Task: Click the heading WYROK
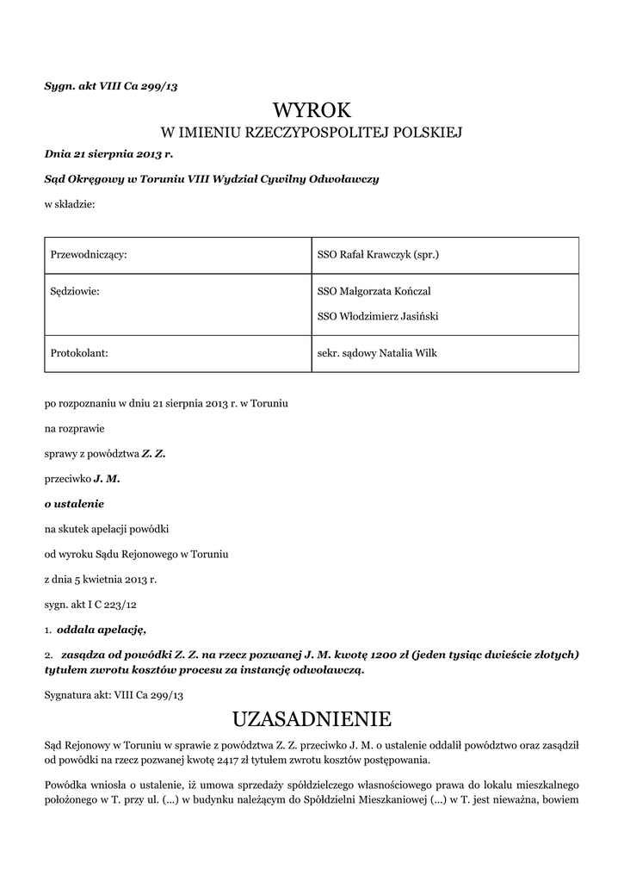pyautogui.click(x=312, y=110)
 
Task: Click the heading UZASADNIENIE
pyautogui.click(x=312, y=718)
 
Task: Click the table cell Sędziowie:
pyautogui.click(x=76, y=291)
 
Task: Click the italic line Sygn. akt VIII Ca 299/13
pyautogui.click(x=111, y=86)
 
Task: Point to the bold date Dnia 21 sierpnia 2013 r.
pyautogui.click(x=108, y=154)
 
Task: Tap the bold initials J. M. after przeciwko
pyautogui.click(x=107, y=477)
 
